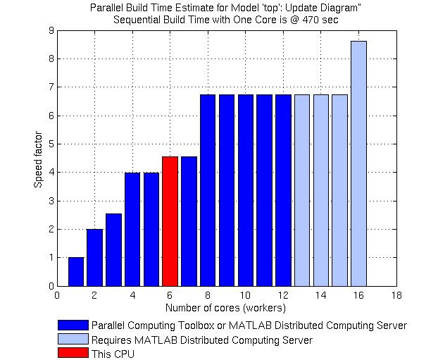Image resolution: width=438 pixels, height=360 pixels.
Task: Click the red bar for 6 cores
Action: click(170, 221)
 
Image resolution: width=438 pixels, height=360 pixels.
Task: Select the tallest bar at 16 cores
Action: click(358, 163)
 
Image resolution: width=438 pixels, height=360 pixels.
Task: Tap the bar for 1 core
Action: click(76, 271)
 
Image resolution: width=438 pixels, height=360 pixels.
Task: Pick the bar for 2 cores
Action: click(95, 257)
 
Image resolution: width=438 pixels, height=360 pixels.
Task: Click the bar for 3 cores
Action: click(113, 249)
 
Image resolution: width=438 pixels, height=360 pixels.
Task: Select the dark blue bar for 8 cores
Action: click(208, 190)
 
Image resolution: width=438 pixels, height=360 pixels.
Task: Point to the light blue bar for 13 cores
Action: click(302, 190)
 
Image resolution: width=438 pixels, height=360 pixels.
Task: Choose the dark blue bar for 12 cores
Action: click(283, 190)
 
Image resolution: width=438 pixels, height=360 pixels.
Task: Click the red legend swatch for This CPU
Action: click(74, 354)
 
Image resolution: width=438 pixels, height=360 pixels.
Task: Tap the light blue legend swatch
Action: click(74, 340)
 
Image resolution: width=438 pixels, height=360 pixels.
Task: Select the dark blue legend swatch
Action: click(74, 325)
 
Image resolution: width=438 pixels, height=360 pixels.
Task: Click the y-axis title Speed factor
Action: click(38, 159)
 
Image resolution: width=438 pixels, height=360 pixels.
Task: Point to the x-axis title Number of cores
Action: click(225, 308)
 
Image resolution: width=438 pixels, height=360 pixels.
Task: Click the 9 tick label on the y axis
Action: click(51, 30)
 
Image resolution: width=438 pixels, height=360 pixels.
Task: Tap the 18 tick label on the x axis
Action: click(396, 296)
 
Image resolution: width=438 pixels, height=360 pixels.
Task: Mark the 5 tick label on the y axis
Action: click(51, 144)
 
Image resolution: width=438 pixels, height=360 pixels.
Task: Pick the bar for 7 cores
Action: click(189, 221)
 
